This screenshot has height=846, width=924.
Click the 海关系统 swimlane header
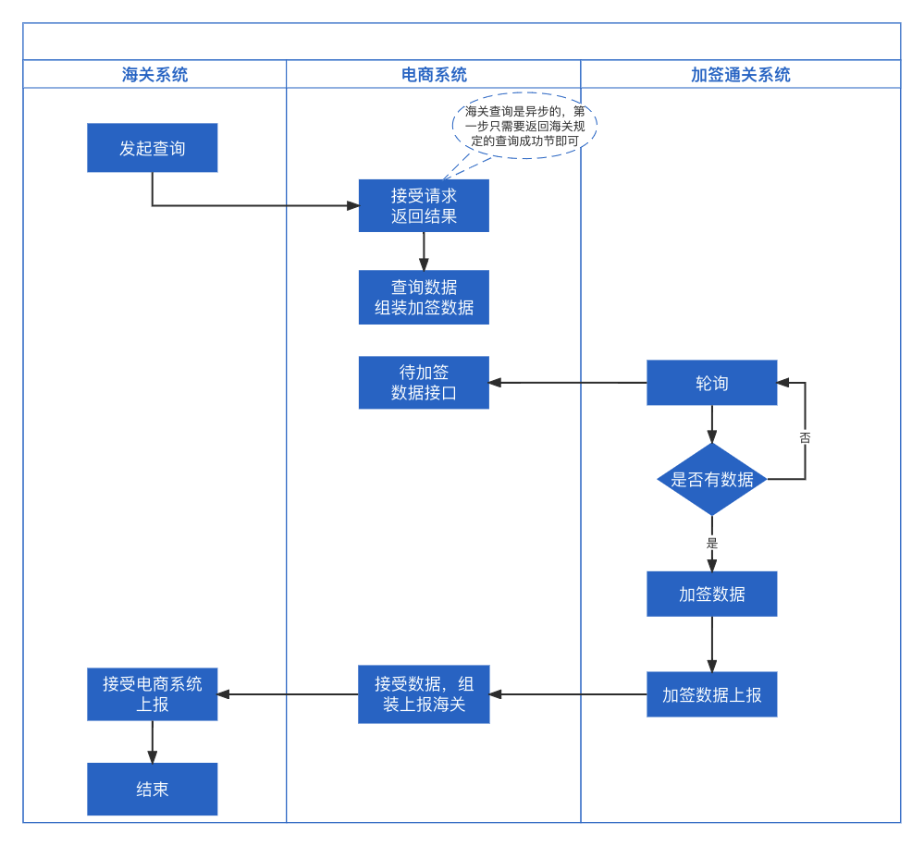pyautogui.click(x=154, y=74)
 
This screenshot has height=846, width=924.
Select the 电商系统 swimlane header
pyautogui.click(x=434, y=74)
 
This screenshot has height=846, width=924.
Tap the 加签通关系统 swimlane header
pyautogui.click(x=741, y=74)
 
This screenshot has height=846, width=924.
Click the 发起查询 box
pyautogui.click(x=152, y=148)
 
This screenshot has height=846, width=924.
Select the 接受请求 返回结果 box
pyautogui.click(x=424, y=205)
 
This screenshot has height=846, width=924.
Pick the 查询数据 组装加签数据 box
pyautogui.click(x=424, y=297)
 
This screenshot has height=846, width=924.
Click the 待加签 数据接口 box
pyautogui.click(x=424, y=383)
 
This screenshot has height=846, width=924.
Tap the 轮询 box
pyautogui.click(x=712, y=383)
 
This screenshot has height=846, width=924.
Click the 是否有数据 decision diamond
pyautogui.click(x=712, y=479)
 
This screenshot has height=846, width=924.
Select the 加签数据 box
pyautogui.click(x=712, y=594)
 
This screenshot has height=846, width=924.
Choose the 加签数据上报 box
pyautogui.click(x=712, y=694)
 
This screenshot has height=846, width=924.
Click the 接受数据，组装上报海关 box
pyautogui.click(x=424, y=694)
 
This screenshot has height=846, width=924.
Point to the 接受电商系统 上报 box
pyautogui.click(x=152, y=694)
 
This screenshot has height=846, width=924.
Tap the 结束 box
pyautogui.click(x=152, y=789)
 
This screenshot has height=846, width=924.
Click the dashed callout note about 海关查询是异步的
pyautogui.click(x=524, y=126)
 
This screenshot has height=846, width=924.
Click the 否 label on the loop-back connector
pyautogui.click(x=805, y=437)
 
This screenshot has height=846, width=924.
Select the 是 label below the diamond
pyautogui.click(x=712, y=543)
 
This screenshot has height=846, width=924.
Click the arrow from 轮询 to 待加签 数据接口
pyautogui.click(x=568, y=383)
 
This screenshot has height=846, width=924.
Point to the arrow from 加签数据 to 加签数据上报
pyautogui.click(x=712, y=644)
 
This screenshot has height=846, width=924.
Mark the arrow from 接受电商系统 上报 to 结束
pyautogui.click(x=152, y=742)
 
